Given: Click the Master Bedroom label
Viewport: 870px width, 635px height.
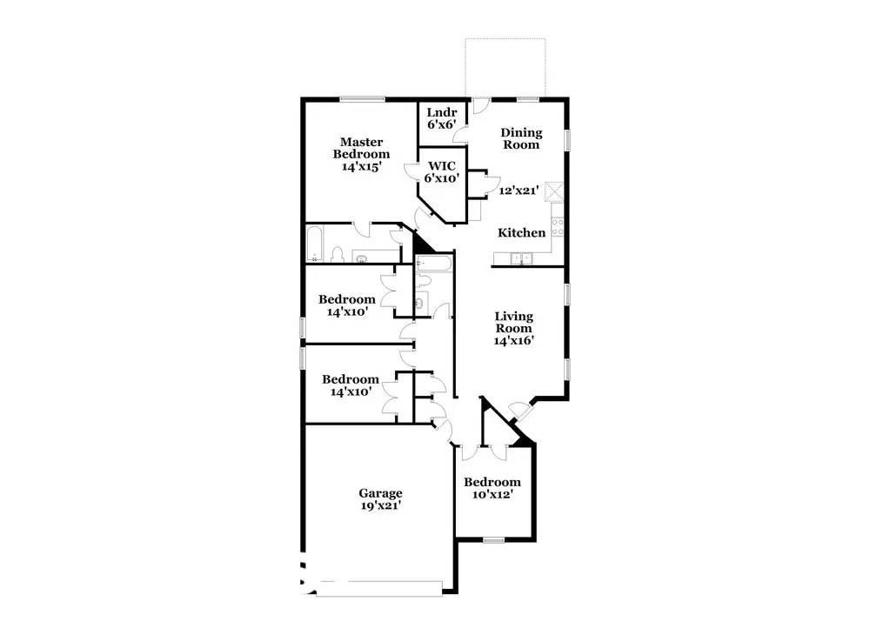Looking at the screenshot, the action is [x=361, y=148].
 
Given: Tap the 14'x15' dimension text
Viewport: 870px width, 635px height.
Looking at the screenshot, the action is [x=361, y=166].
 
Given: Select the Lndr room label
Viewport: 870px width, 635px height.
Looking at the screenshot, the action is [x=442, y=112].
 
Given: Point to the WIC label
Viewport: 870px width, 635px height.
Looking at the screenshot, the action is [x=442, y=166].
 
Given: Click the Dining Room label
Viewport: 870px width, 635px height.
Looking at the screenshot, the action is [x=521, y=138].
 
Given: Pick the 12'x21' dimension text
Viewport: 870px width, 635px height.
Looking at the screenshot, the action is [x=519, y=190].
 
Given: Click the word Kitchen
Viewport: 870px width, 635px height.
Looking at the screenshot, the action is [x=521, y=233].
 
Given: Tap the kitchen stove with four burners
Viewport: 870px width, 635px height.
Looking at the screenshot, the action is [x=557, y=227].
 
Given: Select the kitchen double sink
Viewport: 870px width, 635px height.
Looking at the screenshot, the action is [x=521, y=258].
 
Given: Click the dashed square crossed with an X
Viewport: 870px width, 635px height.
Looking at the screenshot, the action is [x=553, y=192].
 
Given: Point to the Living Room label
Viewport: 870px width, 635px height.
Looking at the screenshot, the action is [x=514, y=322].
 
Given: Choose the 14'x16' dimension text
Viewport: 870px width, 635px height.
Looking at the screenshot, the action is [x=514, y=340].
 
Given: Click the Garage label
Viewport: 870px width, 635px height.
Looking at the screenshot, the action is [x=381, y=493].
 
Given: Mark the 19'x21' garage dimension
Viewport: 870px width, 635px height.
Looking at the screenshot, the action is [x=381, y=505].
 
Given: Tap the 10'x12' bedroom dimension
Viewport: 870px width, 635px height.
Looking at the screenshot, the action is [x=492, y=494].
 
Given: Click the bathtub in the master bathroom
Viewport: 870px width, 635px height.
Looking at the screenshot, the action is [x=315, y=244].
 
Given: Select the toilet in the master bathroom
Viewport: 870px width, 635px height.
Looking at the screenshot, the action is [x=337, y=254].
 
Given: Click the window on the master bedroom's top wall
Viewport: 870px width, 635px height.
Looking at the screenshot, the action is [x=362, y=99].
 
